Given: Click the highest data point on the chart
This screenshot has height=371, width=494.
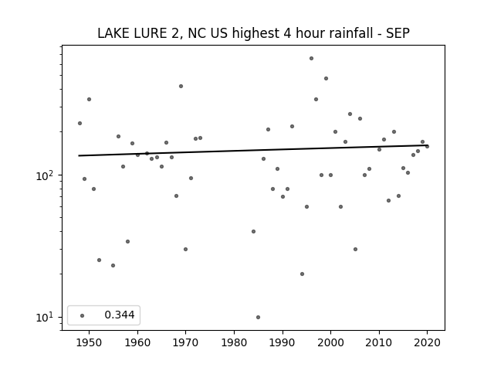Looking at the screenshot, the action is (311, 59).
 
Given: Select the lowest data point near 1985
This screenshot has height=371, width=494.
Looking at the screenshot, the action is (258, 317).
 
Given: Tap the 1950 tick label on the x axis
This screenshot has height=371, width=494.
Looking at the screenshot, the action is (90, 342).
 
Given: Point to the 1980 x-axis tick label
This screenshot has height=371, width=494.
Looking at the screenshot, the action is (234, 342).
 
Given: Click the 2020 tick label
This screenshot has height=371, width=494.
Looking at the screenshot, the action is (427, 342).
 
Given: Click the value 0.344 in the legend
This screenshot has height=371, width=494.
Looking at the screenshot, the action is (120, 315).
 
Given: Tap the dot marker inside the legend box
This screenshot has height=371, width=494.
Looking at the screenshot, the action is (83, 315).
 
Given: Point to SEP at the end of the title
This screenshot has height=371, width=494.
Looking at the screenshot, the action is (398, 33).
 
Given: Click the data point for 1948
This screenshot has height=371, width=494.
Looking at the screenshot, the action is (80, 124).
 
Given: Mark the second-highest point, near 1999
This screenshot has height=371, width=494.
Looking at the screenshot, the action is (326, 79).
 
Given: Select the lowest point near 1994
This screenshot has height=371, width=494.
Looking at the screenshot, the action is (302, 274).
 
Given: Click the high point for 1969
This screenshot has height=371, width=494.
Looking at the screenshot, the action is (181, 86).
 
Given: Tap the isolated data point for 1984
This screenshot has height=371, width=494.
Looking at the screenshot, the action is (253, 232).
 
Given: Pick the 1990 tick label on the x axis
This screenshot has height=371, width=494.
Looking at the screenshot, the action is (283, 342).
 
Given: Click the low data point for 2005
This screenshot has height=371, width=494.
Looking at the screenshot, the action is (355, 249).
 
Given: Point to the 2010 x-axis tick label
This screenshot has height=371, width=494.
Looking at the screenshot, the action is (379, 342).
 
